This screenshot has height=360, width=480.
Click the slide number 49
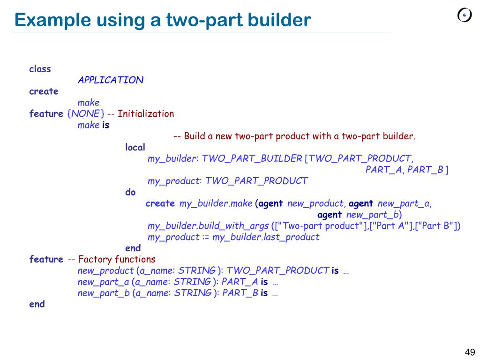click(470, 352)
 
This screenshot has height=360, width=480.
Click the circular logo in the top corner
click(465, 15)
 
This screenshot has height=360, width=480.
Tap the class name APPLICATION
click(111, 80)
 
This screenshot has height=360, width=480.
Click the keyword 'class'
click(40, 69)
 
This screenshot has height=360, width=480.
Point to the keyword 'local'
click(135, 147)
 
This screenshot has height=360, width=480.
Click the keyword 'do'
click(130, 192)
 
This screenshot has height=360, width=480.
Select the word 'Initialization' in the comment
click(146, 113)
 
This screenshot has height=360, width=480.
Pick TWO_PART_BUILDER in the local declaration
click(252, 158)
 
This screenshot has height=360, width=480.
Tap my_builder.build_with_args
click(208, 226)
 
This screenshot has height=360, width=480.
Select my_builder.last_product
click(265, 237)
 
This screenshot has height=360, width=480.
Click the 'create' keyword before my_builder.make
click(160, 203)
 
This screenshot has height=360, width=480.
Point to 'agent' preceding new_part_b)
click(330, 215)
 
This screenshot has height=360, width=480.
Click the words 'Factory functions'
click(117, 259)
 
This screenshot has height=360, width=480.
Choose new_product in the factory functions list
click(105, 270)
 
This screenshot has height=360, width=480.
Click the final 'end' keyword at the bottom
click(37, 304)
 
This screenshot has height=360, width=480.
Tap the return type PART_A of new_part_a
click(240, 282)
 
